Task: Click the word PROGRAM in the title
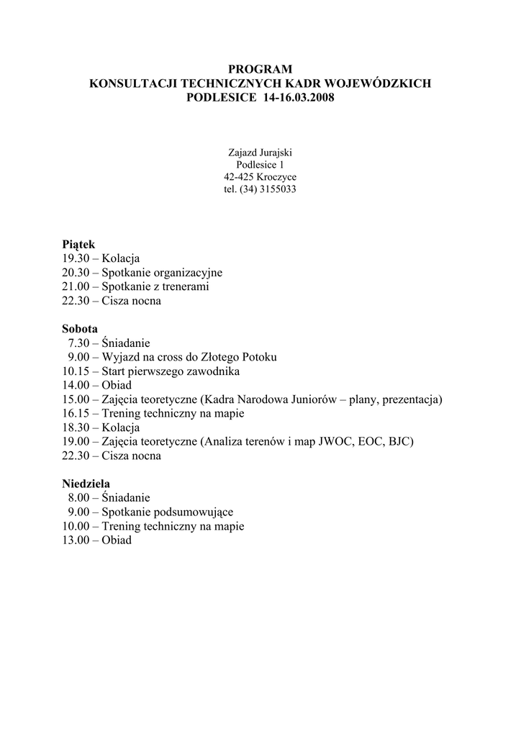260,69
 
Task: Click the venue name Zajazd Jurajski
260,153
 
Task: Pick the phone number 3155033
278,189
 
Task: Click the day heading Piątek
78,245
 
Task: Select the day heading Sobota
79,329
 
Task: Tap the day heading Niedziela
86,484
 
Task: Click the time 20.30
75,273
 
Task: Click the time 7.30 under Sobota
78,343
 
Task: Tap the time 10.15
75,371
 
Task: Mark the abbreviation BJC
399,441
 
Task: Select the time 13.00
75,540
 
